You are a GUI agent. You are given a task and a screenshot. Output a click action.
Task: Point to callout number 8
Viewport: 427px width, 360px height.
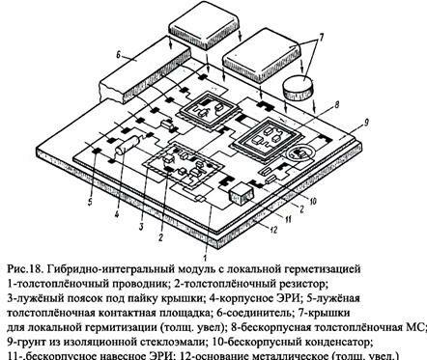coord(336,103)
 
